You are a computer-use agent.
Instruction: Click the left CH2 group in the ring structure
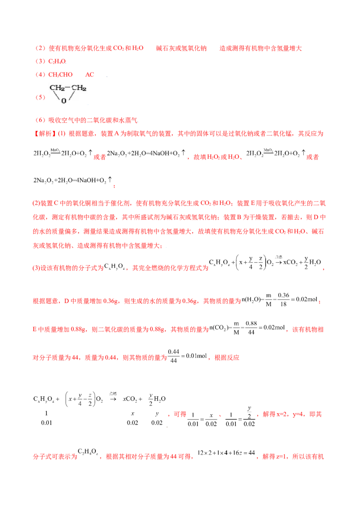coord(57,88)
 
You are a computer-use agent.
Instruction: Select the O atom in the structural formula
coord(63,101)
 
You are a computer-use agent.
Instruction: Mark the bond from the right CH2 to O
coord(72,95)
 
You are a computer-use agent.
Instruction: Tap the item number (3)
coord(39,61)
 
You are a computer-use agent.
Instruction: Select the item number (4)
coord(39,75)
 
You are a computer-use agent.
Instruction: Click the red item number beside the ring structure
coord(39,97)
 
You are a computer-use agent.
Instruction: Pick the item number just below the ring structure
coord(39,121)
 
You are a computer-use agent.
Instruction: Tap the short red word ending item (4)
coord(90,75)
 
